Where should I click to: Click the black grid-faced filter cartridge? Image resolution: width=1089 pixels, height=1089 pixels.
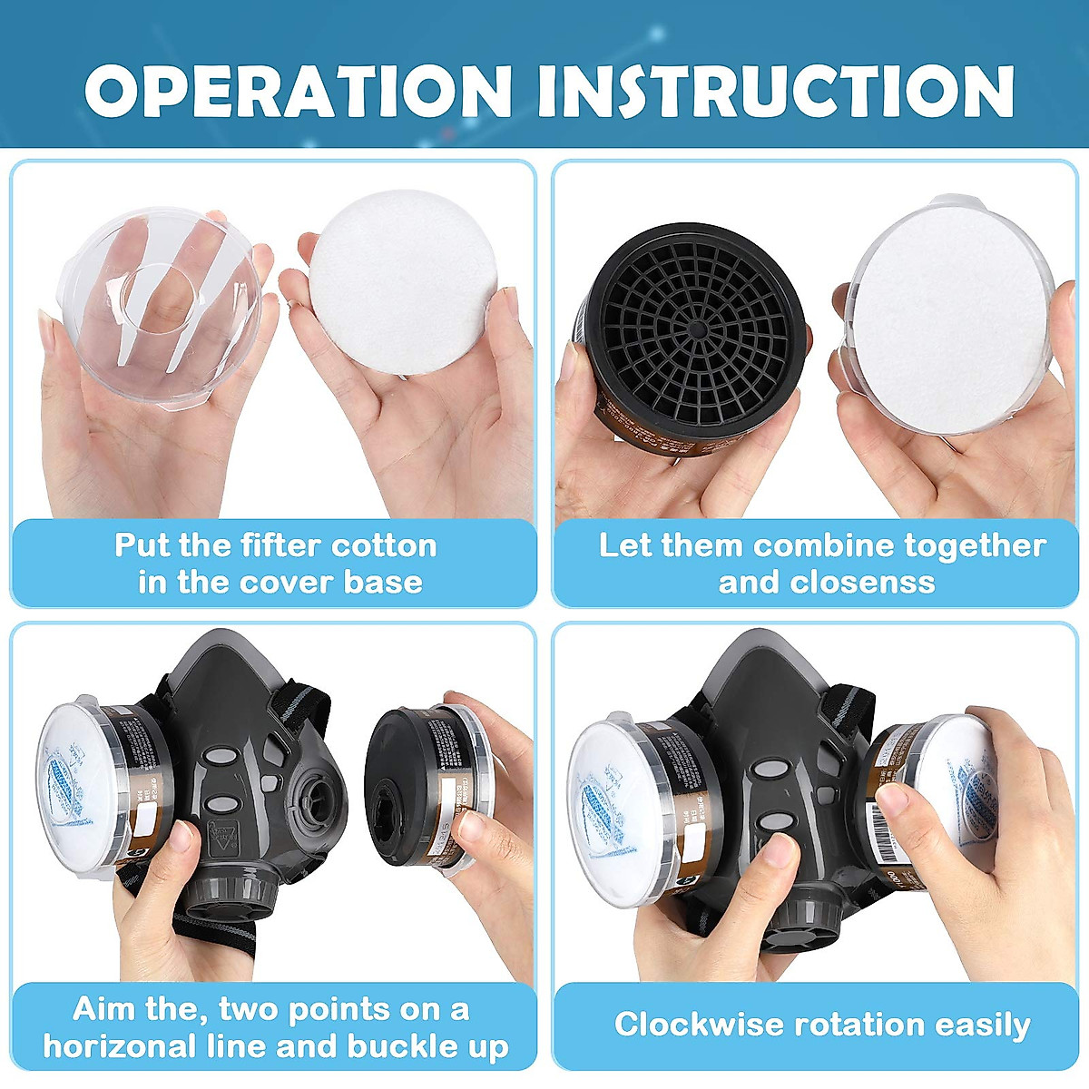[x=690, y=336]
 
